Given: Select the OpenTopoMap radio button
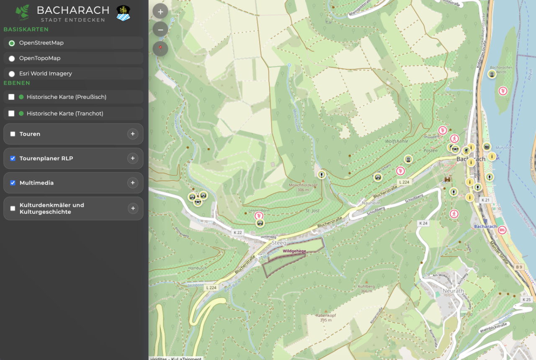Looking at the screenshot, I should (x=12, y=58).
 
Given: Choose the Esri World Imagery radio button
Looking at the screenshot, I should (x=12, y=74).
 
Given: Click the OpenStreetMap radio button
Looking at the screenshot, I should (x=12, y=43).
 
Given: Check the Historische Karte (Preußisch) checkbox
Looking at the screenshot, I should (x=11, y=97).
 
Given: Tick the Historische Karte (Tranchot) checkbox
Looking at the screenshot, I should (x=11, y=113).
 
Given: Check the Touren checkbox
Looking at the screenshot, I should (x=13, y=134).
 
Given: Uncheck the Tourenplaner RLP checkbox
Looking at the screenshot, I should (x=13, y=158).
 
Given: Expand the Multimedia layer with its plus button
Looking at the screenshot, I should (x=133, y=183).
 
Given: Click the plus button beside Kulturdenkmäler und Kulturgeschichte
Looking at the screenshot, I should (x=133, y=208).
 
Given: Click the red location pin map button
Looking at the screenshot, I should (x=160, y=49).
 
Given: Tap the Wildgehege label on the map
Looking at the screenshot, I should (x=294, y=251).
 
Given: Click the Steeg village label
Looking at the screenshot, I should (x=279, y=243).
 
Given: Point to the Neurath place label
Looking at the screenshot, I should (x=453, y=291).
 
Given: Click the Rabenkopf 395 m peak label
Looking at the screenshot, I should (x=326, y=317).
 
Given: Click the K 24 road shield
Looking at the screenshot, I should (x=423, y=224).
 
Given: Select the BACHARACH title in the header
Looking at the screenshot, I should (x=73, y=10).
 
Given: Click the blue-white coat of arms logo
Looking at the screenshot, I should (x=123, y=13).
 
